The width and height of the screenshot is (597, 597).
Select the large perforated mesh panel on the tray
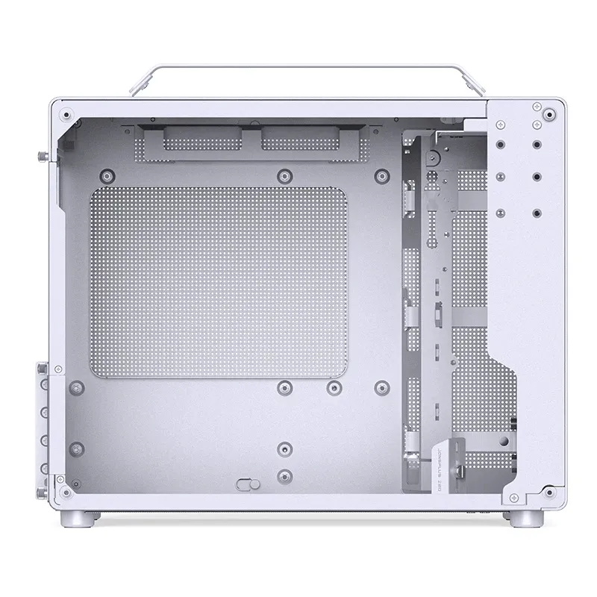click(x=219, y=281)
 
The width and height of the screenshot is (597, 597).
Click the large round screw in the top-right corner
click(x=551, y=116)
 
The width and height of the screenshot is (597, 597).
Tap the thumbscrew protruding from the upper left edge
click(x=39, y=157)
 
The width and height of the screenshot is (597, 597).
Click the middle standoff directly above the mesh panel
click(x=283, y=176)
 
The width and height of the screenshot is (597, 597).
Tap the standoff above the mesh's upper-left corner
click(x=107, y=176)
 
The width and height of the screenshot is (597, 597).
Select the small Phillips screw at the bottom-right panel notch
click(x=550, y=493)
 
